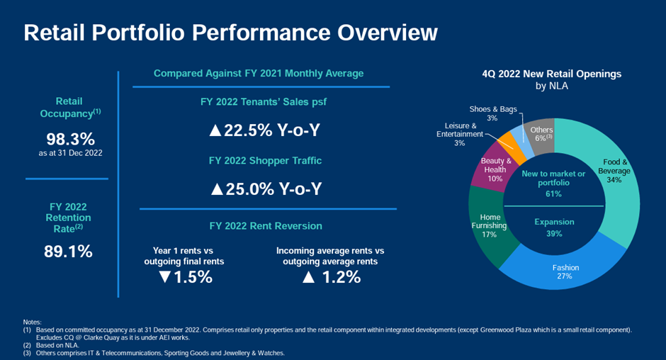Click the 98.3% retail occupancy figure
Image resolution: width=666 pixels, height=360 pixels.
pos(70,139)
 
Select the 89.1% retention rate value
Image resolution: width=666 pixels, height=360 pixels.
pos(69,251)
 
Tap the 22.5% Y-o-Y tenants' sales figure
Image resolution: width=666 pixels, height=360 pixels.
pos(266,131)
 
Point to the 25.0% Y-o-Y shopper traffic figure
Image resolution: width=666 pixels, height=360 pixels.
pos(266,189)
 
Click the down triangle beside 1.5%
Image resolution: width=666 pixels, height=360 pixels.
pos(165,277)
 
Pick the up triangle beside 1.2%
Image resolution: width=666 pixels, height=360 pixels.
pos(308,277)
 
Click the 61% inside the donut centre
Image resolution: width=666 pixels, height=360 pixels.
pos(553,193)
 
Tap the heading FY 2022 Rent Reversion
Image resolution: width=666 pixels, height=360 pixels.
pos(266,226)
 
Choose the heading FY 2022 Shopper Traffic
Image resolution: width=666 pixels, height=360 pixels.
pos(266,161)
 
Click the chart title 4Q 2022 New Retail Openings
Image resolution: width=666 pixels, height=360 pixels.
pos(552,74)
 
